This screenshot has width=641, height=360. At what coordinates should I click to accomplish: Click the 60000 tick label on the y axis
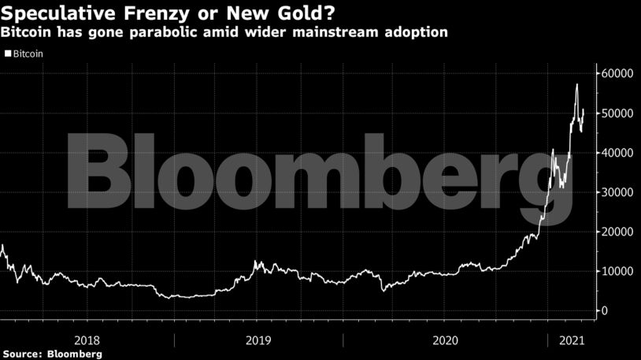[618, 73]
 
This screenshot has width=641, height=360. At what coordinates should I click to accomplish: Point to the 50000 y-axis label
[618, 113]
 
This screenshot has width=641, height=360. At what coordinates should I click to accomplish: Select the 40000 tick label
[618, 152]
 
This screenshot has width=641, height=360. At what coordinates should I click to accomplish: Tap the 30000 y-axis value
[618, 192]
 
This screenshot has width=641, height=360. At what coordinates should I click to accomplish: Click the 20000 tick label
[618, 232]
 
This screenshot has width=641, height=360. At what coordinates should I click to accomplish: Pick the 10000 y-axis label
[618, 271]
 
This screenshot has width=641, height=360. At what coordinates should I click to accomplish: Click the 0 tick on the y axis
[606, 310]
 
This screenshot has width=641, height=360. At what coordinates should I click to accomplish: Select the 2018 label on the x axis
[87, 340]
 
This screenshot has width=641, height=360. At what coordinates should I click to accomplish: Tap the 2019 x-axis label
[259, 340]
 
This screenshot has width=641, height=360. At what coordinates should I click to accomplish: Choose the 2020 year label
[446, 340]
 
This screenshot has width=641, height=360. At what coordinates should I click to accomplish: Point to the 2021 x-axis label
[570, 340]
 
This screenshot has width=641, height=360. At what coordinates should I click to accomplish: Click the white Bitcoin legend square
[8, 54]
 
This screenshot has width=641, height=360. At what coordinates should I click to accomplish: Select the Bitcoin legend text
[28, 54]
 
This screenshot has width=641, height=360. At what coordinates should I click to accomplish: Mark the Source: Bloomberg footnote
[52, 354]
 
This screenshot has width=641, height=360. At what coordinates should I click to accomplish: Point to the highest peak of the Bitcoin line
[577, 84]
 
